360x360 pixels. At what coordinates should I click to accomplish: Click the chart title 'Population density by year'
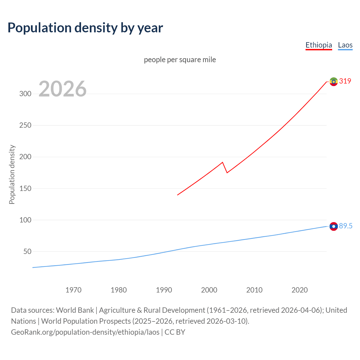click(x=85, y=28)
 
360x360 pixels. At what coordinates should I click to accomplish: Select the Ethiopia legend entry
click(x=319, y=45)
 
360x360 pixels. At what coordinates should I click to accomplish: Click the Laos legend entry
click(x=345, y=45)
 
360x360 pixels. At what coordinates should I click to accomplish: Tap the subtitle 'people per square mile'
click(x=180, y=60)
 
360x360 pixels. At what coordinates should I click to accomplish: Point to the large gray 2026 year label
click(x=62, y=89)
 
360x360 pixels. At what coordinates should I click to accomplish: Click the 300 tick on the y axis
click(x=25, y=94)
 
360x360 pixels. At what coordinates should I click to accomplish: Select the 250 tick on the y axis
click(x=25, y=125)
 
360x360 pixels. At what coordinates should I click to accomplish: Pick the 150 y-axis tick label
click(x=25, y=188)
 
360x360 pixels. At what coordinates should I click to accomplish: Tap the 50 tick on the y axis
click(x=27, y=251)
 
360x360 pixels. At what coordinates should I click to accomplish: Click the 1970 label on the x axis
click(x=73, y=290)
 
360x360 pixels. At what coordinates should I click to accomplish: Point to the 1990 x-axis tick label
click(x=164, y=290)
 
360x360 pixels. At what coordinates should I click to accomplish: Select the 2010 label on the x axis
click(x=254, y=290)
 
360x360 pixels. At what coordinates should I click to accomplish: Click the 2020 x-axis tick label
click(x=300, y=290)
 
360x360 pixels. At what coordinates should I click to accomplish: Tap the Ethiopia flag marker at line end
click(x=334, y=82)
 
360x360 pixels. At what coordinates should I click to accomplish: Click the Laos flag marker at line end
click(x=334, y=226)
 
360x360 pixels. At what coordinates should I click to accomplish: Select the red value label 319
click(x=345, y=81)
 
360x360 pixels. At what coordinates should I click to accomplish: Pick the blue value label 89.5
click(x=346, y=226)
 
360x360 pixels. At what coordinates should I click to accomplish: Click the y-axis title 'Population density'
click(x=12, y=174)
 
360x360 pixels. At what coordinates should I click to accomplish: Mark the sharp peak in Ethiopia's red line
click(x=222, y=162)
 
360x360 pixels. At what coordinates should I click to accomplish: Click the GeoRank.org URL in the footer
click(x=85, y=332)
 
